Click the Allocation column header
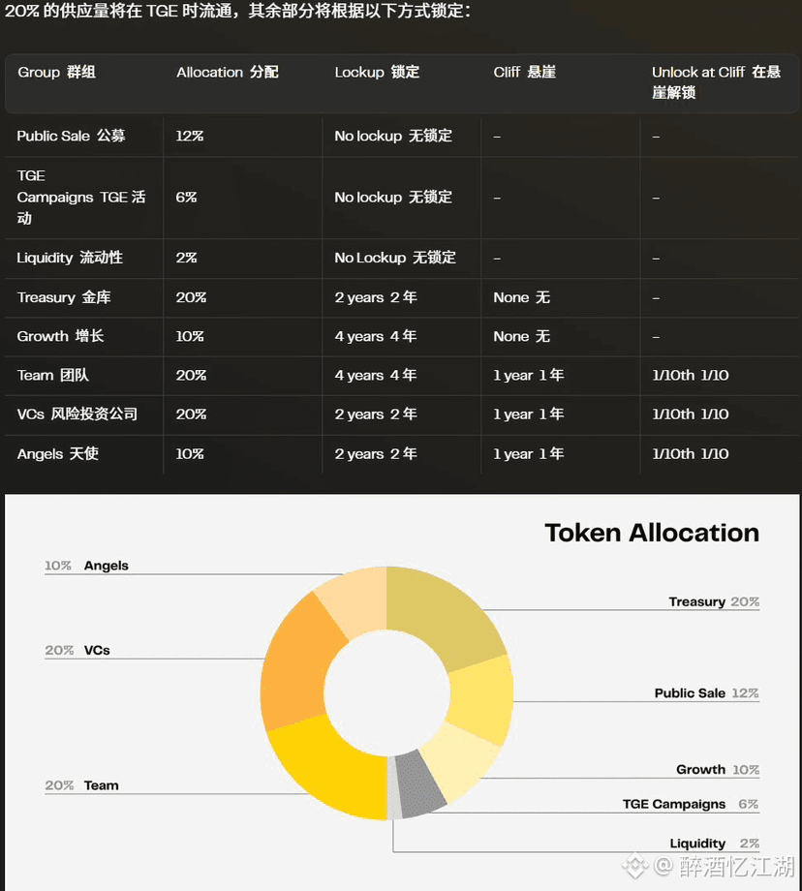(228, 73)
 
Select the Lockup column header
(377, 73)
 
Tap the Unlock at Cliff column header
(716, 81)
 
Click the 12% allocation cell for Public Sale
(189, 136)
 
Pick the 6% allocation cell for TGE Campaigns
(186, 198)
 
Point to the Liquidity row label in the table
(70, 258)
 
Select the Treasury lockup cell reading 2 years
(376, 297)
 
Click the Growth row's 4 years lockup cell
(376, 336)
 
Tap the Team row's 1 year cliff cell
(529, 375)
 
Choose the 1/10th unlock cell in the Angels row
(690, 454)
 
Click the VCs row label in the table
(77, 415)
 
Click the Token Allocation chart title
(652, 533)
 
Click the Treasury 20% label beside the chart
(714, 601)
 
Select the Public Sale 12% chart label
(706, 693)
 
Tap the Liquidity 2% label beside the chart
(715, 844)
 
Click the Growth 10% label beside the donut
(718, 769)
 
